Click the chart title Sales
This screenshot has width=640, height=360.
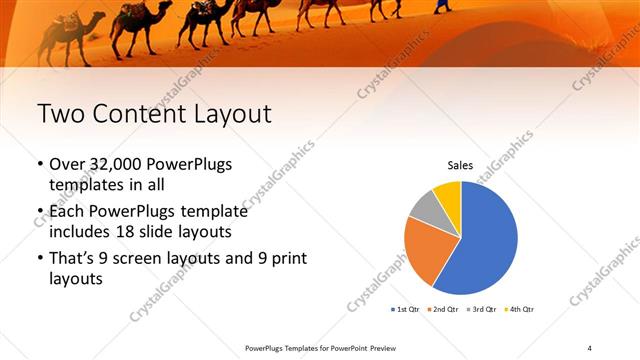[x=460, y=166]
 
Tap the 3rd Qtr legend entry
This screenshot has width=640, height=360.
[x=484, y=309]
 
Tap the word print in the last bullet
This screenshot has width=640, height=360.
[x=284, y=259]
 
